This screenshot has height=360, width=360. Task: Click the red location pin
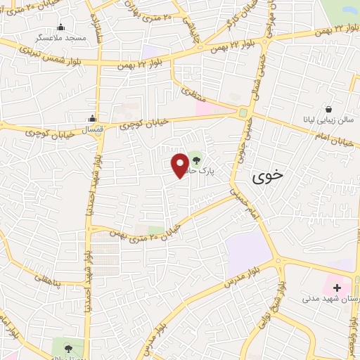coord(181,165)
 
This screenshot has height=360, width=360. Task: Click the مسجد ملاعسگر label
coord(61,37)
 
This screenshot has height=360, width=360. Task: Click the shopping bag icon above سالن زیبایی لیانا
coord(329,109)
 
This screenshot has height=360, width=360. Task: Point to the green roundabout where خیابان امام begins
coord(243,112)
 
